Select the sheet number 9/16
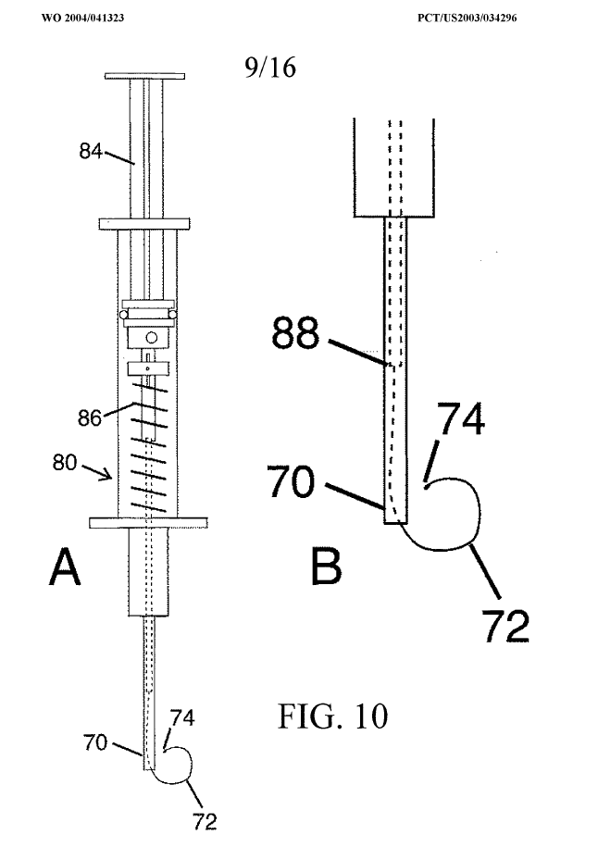point(270,69)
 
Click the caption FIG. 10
point(331,716)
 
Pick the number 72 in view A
point(204,819)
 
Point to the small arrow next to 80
point(107,476)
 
